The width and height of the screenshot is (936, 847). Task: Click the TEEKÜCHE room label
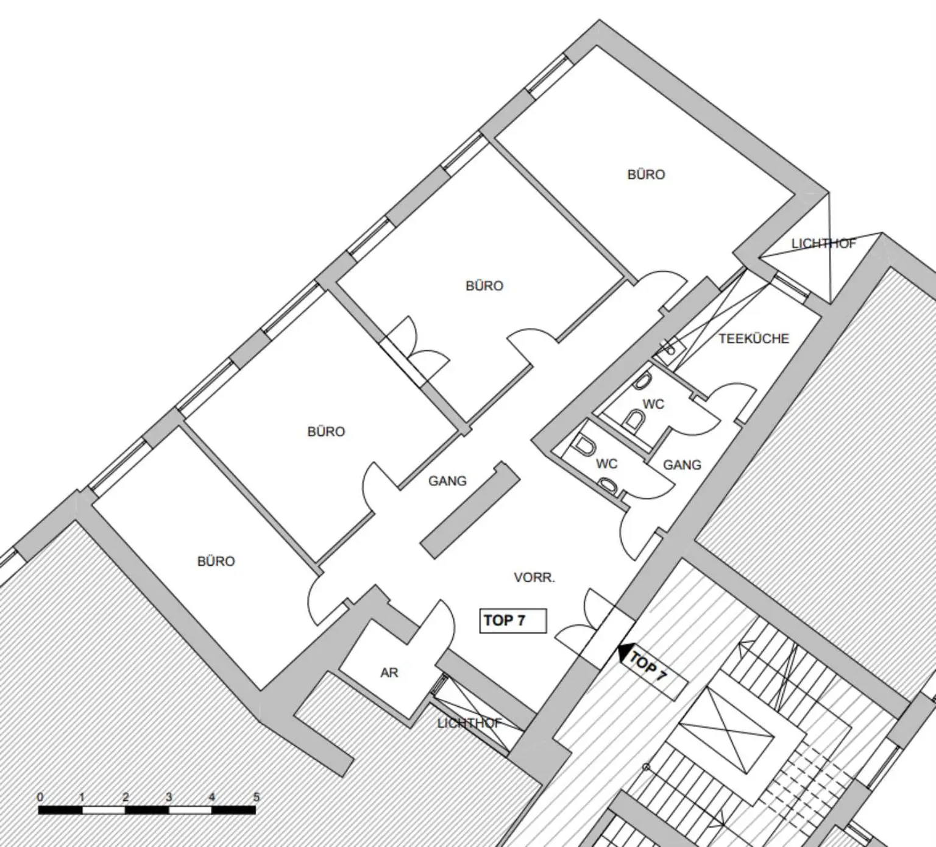[x=754, y=338]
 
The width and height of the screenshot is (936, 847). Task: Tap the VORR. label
[x=534, y=577]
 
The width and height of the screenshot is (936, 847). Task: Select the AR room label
[x=389, y=673]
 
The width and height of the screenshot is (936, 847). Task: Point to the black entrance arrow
[x=623, y=653]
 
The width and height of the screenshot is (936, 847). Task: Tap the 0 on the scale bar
[x=40, y=797]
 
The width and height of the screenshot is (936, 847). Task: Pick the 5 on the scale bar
[x=256, y=797]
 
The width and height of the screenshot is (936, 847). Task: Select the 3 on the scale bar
[x=169, y=797]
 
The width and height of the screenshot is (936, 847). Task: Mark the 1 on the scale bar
[x=82, y=797]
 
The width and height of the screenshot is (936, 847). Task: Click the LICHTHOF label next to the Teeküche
[x=823, y=243]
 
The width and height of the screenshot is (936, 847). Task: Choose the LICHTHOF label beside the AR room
[x=469, y=723]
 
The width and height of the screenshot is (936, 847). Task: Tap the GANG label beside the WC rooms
[x=682, y=465]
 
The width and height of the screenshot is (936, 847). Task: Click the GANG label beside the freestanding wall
[x=447, y=481]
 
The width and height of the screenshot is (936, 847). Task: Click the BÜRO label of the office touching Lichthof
[x=646, y=174]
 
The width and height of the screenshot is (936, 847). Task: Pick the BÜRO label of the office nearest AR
[x=216, y=561]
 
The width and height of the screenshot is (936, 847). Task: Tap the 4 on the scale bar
[x=211, y=797]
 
